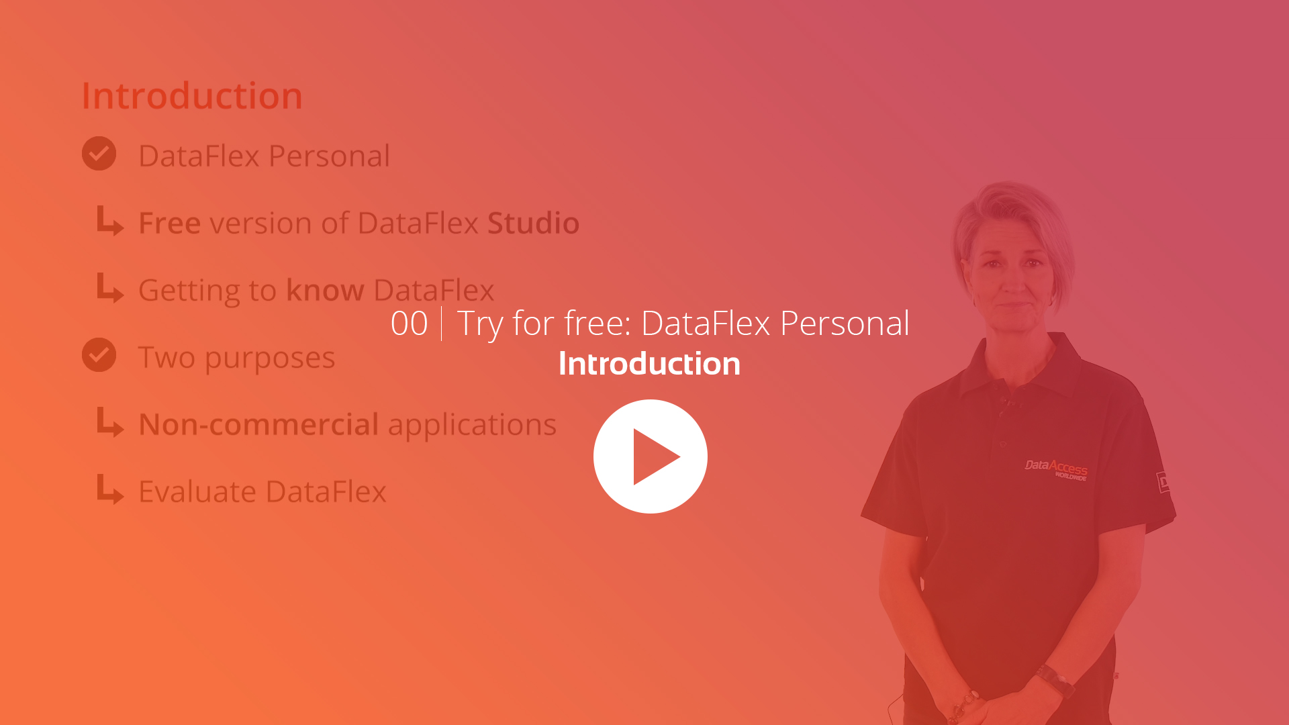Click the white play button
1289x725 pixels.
click(x=650, y=456)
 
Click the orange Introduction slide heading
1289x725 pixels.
click(x=192, y=95)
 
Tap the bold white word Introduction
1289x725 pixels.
click(x=649, y=363)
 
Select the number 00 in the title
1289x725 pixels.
click(x=409, y=324)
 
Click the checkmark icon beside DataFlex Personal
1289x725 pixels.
click(x=99, y=154)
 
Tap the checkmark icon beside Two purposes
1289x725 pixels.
click(x=99, y=354)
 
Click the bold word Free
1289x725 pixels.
click(x=169, y=223)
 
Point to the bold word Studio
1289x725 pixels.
click(x=533, y=223)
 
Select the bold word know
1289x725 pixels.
click(x=325, y=290)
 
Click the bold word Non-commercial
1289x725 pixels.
click(x=259, y=424)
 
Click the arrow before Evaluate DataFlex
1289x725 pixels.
click(x=110, y=489)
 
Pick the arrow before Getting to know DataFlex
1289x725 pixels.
click(x=110, y=287)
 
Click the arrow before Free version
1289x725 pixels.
click(x=110, y=220)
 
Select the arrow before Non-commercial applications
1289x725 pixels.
click(x=110, y=422)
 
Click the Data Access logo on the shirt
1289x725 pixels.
click(x=1056, y=469)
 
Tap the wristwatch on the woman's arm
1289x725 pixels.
click(x=1055, y=679)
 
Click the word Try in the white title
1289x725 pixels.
click(x=479, y=325)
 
